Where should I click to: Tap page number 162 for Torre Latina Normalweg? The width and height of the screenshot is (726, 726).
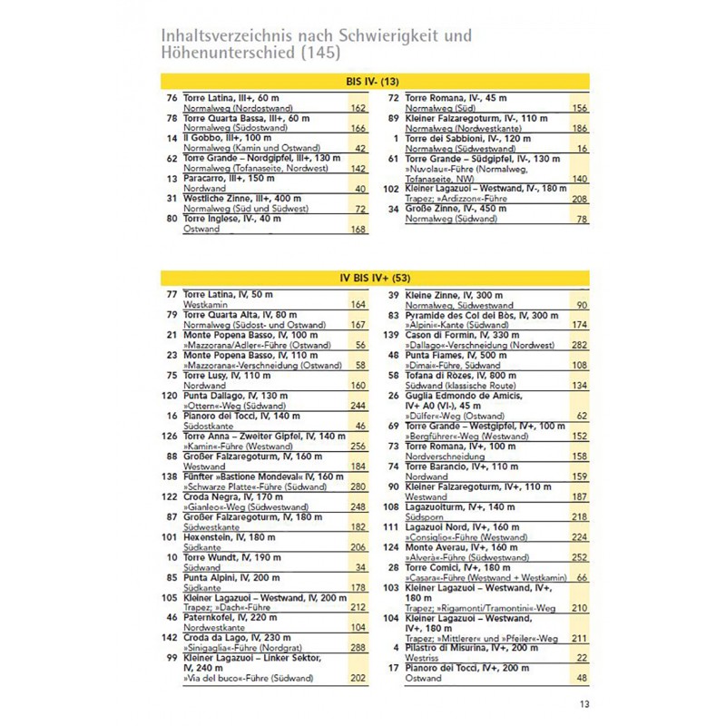coord(358,108)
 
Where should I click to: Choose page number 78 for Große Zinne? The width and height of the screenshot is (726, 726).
coord(583,219)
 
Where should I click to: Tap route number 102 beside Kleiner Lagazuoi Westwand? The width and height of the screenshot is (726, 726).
coord(390,188)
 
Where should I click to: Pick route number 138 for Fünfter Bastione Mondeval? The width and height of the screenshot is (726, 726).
coord(167,476)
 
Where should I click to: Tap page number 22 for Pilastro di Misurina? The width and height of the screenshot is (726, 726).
coord(583,657)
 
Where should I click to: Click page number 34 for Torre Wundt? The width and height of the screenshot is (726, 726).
coord(359,567)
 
